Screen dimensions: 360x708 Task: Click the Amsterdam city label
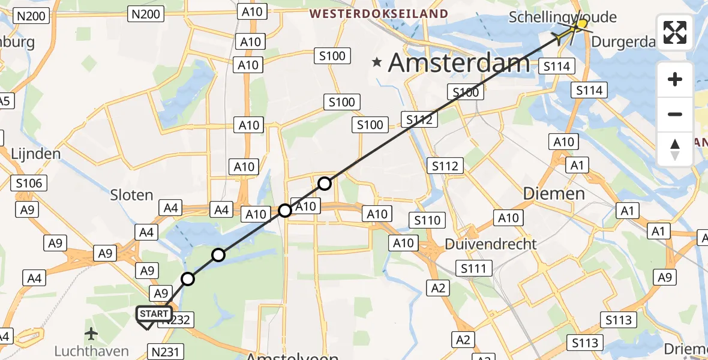(459, 62)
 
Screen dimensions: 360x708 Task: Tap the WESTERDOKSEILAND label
(379, 14)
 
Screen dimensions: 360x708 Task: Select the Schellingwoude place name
(562, 17)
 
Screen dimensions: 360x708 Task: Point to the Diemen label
(554, 193)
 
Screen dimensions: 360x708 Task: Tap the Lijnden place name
(36, 154)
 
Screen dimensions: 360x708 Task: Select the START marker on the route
(154, 314)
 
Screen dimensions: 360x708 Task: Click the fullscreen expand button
(675, 32)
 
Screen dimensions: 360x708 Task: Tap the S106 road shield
(29, 183)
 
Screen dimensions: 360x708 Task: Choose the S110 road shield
(427, 220)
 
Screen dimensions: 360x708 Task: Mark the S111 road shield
(474, 268)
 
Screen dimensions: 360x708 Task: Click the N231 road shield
(164, 352)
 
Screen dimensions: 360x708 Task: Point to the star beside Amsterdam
(377, 62)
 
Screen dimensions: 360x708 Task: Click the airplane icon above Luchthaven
(91, 333)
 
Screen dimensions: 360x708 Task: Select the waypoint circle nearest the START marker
(188, 279)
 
